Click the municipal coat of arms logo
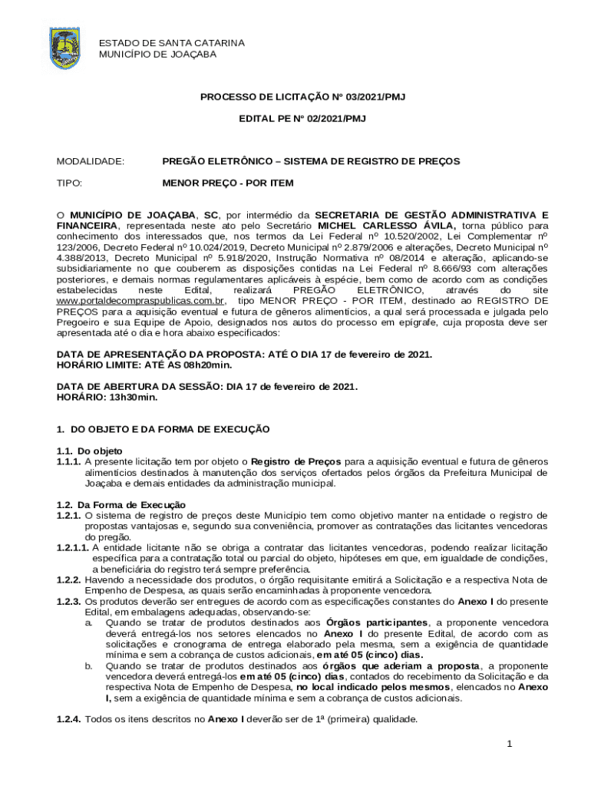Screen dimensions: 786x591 64,48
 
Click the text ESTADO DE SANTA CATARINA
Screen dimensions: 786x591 171,43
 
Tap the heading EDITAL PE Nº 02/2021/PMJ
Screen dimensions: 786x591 302,119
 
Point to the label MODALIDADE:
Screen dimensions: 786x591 91,162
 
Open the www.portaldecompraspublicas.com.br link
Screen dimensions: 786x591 141,302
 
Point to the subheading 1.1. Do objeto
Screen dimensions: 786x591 89,451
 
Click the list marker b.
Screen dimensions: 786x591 89,666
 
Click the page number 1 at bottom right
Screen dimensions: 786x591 508,745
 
